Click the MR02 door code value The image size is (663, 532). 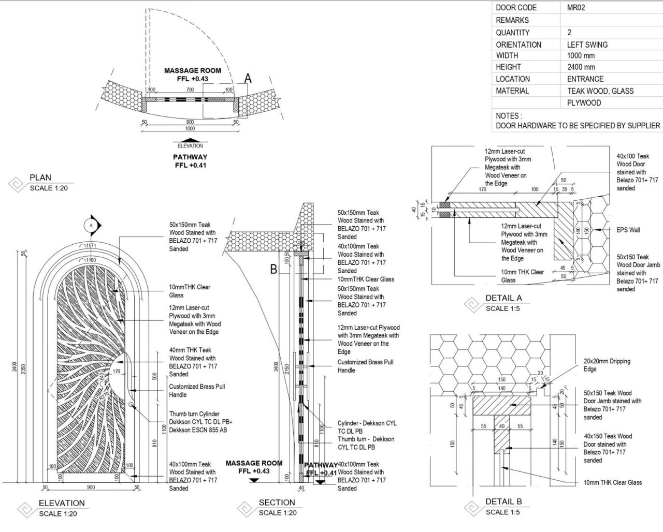tap(575, 8)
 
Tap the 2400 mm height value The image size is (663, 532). tap(581, 67)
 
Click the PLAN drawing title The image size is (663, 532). tap(40, 178)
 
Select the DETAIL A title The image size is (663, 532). tap(503, 298)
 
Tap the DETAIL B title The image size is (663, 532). tap(503, 501)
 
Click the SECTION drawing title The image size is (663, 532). tap(277, 503)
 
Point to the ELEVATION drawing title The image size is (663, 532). tap(62, 503)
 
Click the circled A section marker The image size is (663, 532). tap(91, 225)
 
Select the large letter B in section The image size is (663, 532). tap(273, 269)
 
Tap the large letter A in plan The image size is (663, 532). tap(248, 78)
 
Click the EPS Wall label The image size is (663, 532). tap(627, 230)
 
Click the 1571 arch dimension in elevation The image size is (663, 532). tap(91, 246)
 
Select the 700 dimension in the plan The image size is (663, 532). tap(190, 90)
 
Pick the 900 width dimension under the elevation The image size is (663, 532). tap(91, 487)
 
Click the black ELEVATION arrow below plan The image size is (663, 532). tap(190, 140)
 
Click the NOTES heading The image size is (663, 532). tap(509, 116)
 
